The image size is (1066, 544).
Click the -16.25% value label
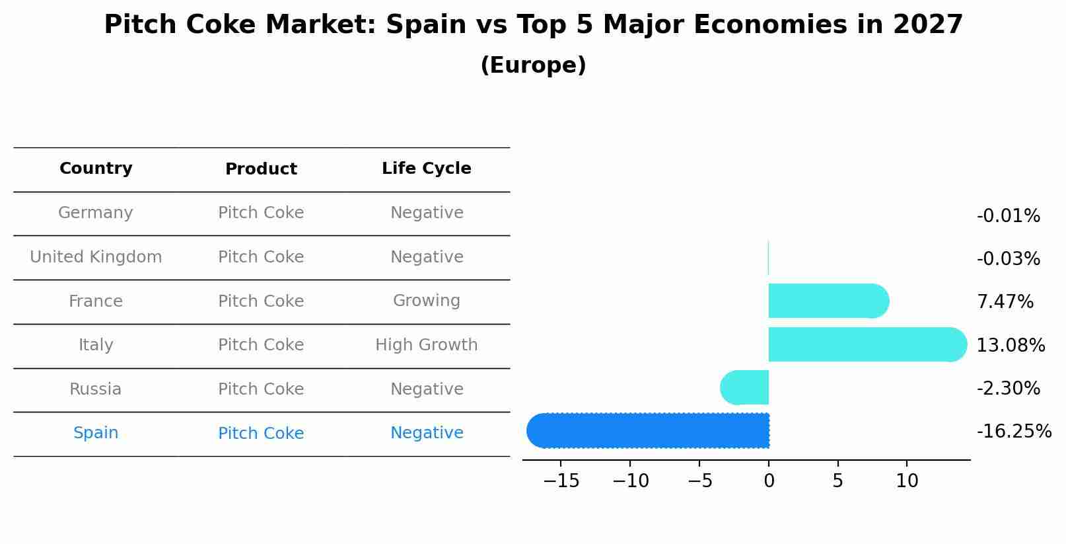(x=1013, y=432)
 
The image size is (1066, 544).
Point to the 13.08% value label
(x=1010, y=345)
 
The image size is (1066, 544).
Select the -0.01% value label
(x=1008, y=216)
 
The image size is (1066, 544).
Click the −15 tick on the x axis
(x=561, y=481)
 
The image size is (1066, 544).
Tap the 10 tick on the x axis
(x=907, y=481)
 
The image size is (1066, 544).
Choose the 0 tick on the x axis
(x=769, y=481)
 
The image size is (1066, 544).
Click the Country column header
(x=96, y=169)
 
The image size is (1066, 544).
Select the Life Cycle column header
(x=426, y=169)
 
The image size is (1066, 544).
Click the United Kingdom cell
(x=96, y=257)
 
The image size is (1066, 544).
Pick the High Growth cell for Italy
(x=426, y=345)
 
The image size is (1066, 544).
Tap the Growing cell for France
(x=426, y=301)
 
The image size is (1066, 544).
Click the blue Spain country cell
(x=96, y=433)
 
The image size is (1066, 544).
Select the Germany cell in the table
(x=96, y=213)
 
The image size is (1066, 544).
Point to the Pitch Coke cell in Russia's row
(x=261, y=389)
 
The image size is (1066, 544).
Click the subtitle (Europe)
(x=533, y=65)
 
